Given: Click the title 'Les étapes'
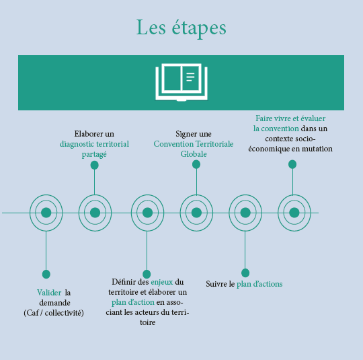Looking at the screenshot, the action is coord(181,28).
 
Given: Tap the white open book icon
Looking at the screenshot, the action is coord(182,82).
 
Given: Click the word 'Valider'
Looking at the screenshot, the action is coord(49,293).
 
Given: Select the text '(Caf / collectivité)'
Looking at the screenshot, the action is coord(54,313).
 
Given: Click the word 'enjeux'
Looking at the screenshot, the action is coord(162,282).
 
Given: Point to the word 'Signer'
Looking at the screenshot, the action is coord(184,134).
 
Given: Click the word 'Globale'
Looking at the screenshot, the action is coord(194,154).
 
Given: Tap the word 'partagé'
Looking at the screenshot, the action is coord(94,155).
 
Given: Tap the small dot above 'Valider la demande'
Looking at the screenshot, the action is coord(46,275).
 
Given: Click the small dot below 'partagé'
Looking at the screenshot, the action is coord(95,166).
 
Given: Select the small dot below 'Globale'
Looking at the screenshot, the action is coord(196,165).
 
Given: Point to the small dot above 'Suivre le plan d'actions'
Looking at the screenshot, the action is coord(245,273).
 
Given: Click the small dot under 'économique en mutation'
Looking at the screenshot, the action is coord(292,164).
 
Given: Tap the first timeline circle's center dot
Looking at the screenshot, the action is coord(46,213).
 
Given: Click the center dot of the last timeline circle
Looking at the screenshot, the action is coord(294,213).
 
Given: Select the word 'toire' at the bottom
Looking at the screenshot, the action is coord(147,323).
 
